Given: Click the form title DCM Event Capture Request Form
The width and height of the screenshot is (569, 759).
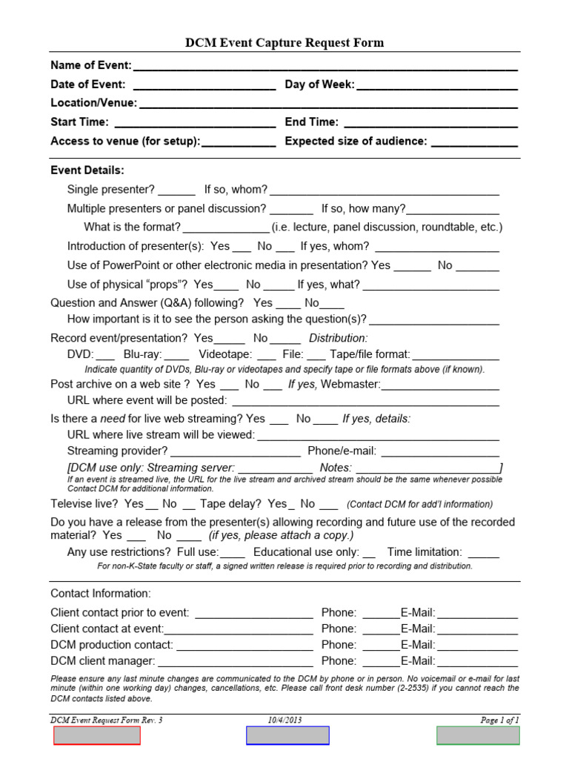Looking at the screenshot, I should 284,43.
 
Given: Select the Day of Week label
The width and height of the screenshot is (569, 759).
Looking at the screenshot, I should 319,84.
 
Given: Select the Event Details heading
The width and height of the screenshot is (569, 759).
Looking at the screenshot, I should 87,170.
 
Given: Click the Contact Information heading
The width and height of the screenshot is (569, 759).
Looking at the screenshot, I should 101,594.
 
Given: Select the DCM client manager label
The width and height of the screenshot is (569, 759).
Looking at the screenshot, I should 103,661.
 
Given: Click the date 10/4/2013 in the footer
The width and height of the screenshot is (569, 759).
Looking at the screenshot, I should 284,720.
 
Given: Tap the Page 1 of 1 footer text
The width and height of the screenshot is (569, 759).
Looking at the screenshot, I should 499,720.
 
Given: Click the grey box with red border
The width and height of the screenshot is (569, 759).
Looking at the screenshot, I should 97,735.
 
